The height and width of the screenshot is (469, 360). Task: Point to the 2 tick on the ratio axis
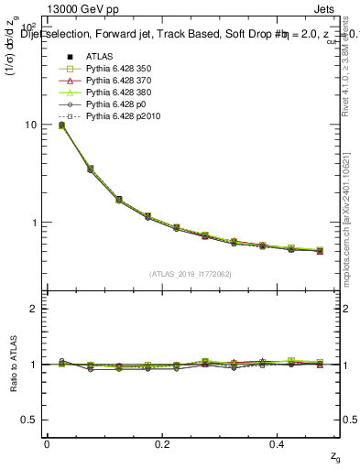[x=34, y=309]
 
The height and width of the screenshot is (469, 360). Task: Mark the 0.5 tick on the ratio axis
[x=30, y=420]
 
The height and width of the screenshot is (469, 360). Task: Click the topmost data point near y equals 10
[x=61, y=125]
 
